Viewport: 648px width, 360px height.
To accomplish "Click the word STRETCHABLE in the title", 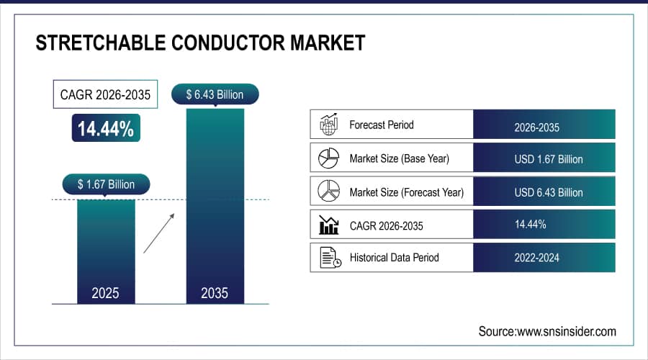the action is [100, 43].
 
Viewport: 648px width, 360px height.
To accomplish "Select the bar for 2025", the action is [106, 252].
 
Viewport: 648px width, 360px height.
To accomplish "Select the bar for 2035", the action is [215, 206].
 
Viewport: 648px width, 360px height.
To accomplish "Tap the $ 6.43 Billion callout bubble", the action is [215, 94].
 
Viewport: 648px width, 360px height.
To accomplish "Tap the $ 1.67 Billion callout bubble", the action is [107, 184].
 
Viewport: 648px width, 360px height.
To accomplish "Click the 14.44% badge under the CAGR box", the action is [106, 128].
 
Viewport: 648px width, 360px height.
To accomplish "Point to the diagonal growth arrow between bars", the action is [159, 233].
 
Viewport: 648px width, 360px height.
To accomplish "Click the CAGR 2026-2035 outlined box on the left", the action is [105, 94].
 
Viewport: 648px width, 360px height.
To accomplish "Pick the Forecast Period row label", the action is [382, 125].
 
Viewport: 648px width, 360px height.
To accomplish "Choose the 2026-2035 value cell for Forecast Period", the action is [544, 125].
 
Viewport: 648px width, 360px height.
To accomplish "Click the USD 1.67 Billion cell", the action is [544, 158].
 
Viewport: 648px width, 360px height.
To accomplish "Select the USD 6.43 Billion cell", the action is [544, 191].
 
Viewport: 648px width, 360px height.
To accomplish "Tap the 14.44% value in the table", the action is [530, 225].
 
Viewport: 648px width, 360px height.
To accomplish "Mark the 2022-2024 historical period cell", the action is [544, 258].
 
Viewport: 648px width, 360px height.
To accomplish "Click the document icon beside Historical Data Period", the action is [330, 258].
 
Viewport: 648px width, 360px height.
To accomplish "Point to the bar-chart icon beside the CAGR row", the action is [329, 225].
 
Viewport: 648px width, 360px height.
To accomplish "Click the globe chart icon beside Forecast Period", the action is [329, 124].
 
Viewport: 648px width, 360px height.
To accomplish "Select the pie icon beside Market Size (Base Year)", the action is [328, 158].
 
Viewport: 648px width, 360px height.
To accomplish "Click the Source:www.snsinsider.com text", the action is [547, 331].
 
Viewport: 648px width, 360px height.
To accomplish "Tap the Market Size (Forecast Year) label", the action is [407, 192].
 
